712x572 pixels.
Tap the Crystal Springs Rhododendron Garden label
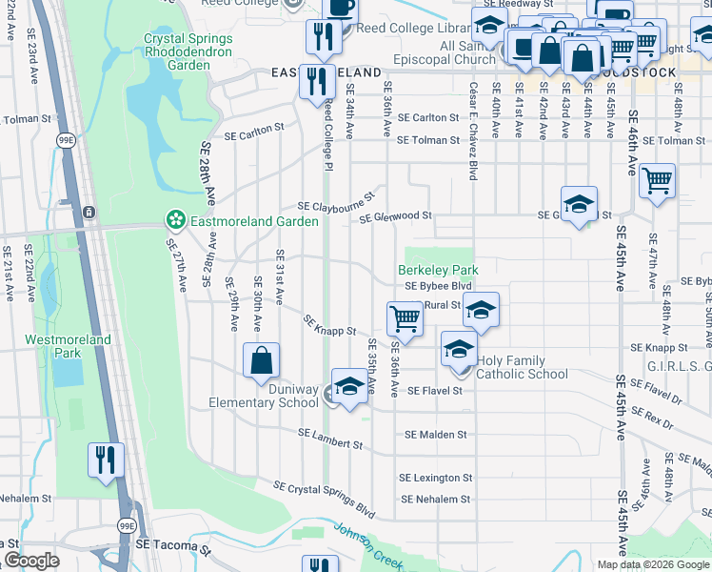[x=175, y=52]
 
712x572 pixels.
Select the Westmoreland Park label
[x=81, y=345]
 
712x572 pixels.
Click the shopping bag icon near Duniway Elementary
[x=261, y=361]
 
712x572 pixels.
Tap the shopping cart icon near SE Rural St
[x=405, y=317]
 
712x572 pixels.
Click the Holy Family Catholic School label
[x=522, y=367]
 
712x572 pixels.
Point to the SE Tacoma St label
[x=171, y=545]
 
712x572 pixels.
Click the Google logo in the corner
[x=31, y=561]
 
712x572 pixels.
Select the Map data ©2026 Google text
[x=653, y=564]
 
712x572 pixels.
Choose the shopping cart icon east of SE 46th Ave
[x=657, y=179]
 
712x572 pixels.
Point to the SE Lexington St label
[x=435, y=478]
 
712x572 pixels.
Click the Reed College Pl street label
[x=328, y=133]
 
